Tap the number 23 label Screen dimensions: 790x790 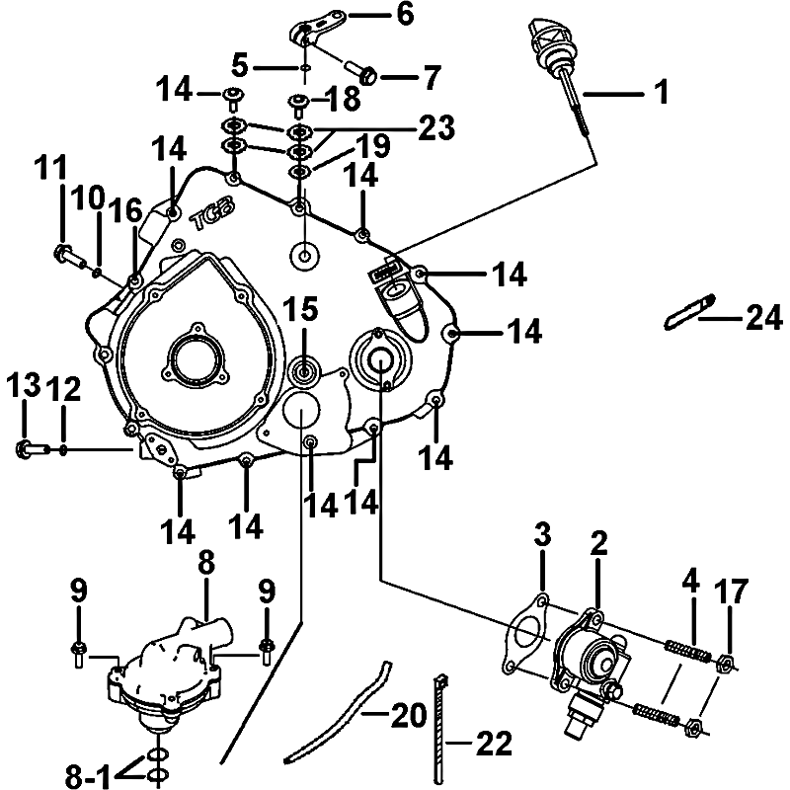[x=434, y=126]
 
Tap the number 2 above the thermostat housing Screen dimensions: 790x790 [x=597, y=542]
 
